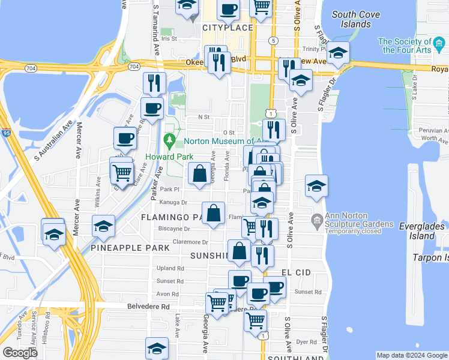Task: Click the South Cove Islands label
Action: pyautogui.click(x=351, y=19)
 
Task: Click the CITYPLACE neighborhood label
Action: pyautogui.click(x=228, y=28)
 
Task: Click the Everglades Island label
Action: pyautogui.click(x=424, y=231)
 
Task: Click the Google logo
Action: pyautogui.click(x=20, y=352)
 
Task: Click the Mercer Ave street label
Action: pyautogui.click(x=78, y=140)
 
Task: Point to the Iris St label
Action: pyautogui.click(x=170, y=38)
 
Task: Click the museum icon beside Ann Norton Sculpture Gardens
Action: pyautogui.click(x=316, y=220)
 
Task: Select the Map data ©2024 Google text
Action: pyautogui.click(x=412, y=355)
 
